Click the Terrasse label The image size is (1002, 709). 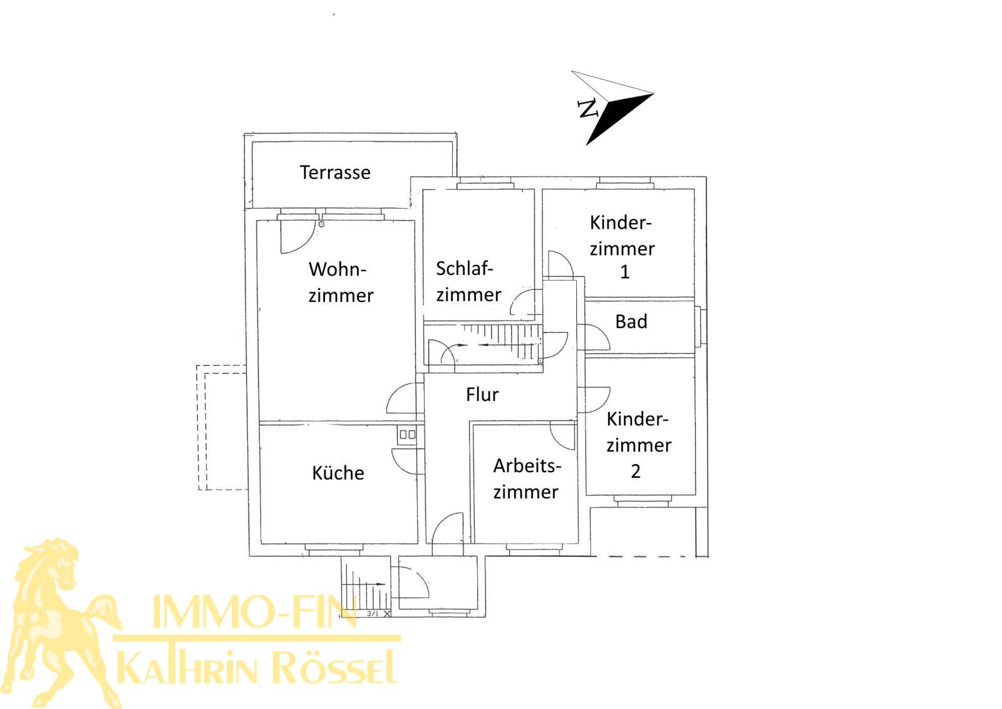(335, 172)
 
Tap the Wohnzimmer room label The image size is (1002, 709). (340, 282)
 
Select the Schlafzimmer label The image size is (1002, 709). (468, 281)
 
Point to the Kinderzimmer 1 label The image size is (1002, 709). (622, 247)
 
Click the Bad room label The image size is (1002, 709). (631, 322)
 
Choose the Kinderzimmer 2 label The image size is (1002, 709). (638, 444)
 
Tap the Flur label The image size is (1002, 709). (482, 395)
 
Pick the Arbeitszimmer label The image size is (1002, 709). (526, 479)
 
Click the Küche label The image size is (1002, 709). (338, 473)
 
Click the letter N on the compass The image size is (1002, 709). (587, 109)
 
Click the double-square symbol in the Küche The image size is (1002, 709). (407, 434)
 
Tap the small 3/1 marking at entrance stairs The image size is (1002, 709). (373, 614)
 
